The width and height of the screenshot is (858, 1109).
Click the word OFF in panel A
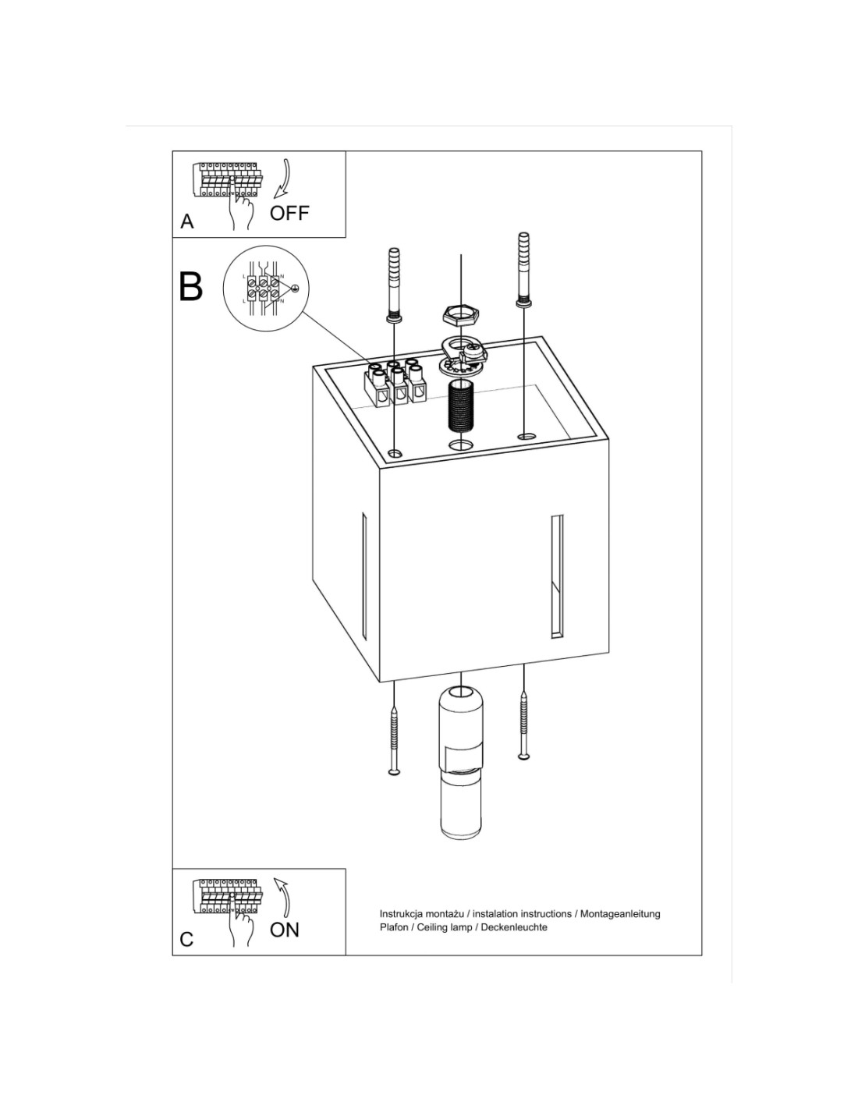289,213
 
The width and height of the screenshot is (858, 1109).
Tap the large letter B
190,287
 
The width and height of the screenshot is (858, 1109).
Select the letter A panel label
187,221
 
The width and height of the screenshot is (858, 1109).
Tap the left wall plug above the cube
394,285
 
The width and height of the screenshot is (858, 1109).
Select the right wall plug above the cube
524,270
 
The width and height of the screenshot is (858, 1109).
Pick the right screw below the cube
523,725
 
